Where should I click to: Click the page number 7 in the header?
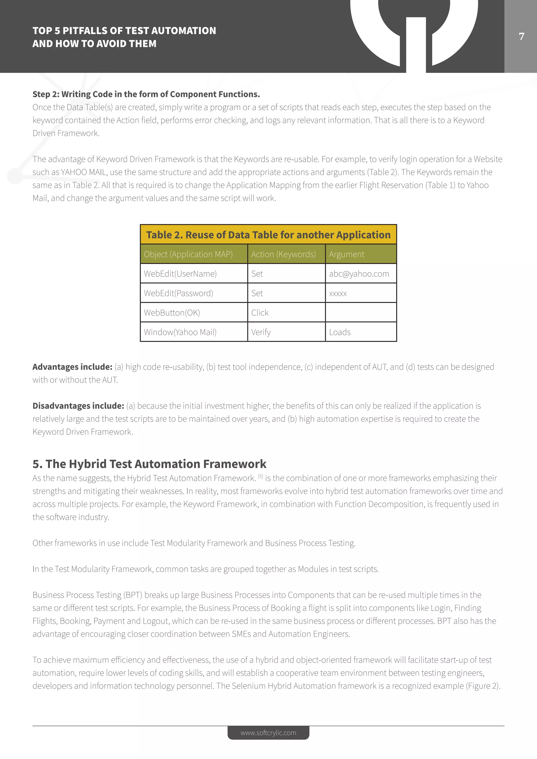click(522, 36)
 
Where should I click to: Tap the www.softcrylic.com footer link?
click(268, 733)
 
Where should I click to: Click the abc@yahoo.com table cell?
click(359, 274)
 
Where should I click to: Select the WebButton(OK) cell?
click(172, 313)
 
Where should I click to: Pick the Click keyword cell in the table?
click(260, 313)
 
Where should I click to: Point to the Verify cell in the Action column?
click(261, 332)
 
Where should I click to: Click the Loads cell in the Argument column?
click(340, 332)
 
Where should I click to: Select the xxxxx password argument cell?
click(338, 293)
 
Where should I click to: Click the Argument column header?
click(347, 254)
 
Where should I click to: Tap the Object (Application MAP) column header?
click(188, 254)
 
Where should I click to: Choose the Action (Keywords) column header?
click(283, 254)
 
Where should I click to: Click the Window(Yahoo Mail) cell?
click(180, 332)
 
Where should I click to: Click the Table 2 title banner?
click(268, 235)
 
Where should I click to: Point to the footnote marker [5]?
click(261, 476)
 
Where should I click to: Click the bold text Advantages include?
click(72, 367)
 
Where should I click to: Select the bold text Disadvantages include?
click(78, 406)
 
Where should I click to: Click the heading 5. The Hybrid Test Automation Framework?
click(149, 464)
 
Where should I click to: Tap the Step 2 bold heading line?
click(146, 94)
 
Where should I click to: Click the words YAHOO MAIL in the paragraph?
click(84, 172)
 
